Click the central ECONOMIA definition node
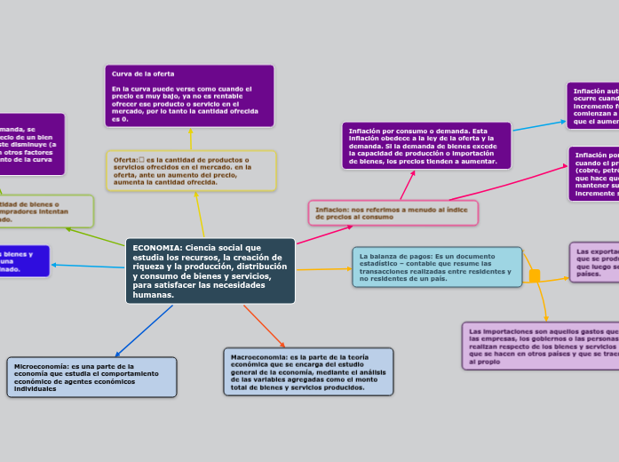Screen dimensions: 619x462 [210, 270]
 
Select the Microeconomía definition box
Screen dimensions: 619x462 [92, 377]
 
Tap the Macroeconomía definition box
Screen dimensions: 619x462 [306, 370]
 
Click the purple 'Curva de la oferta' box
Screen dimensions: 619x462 [190, 95]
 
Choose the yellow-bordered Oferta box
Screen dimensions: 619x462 [191, 170]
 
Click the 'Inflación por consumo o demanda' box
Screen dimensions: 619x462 [426, 145]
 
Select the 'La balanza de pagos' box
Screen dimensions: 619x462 [437, 267]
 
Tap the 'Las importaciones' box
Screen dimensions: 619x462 [540, 346]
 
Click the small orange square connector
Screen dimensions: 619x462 [535, 276]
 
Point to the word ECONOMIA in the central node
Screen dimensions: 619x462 [153, 247]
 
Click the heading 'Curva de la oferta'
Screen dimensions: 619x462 [144, 73]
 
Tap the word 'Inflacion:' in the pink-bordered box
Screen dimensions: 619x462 [332, 209]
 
